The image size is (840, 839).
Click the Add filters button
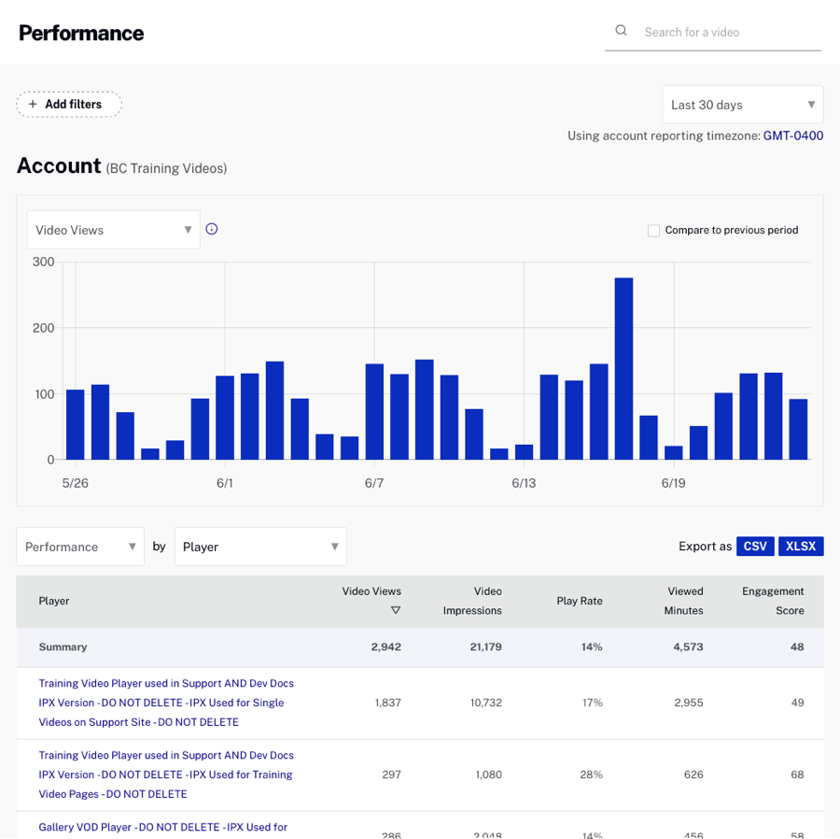[x=69, y=105]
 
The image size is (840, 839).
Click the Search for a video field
[x=728, y=32]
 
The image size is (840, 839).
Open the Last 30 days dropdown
[x=743, y=105]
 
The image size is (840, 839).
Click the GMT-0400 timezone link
[x=793, y=135]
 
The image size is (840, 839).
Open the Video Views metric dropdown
[x=113, y=230]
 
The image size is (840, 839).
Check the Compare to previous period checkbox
[x=653, y=230]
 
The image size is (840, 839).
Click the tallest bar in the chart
[x=623, y=368]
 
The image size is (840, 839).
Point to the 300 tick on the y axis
[x=44, y=262]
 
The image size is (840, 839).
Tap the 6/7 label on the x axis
[x=374, y=483]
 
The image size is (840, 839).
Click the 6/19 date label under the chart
[x=673, y=483]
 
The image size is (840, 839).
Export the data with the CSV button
[x=755, y=547]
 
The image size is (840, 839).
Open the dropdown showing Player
[x=260, y=547]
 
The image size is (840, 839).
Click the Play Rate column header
[x=580, y=601]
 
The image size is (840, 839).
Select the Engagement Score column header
[x=773, y=601]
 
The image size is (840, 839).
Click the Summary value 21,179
[x=485, y=647]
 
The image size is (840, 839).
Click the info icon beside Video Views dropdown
[x=212, y=229]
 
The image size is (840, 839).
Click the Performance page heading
[x=81, y=33]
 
